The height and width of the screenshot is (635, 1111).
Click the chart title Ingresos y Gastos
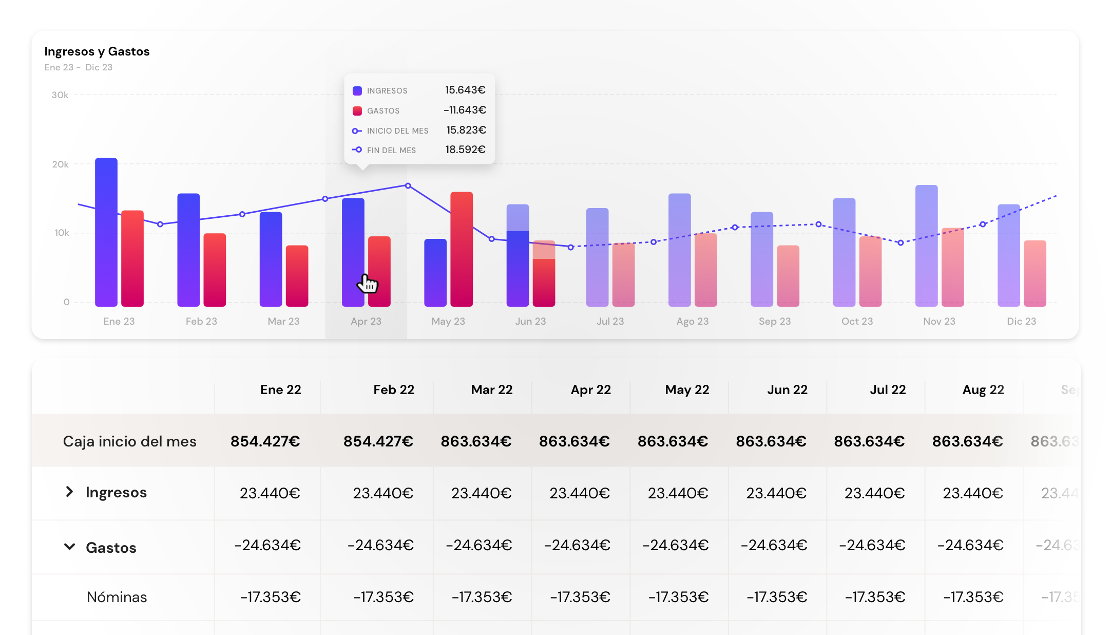click(97, 51)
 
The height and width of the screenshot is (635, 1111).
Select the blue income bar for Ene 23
click(106, 231)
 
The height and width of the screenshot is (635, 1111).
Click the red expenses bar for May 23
click(462, 249)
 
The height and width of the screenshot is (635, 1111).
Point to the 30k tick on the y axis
click(60, 95)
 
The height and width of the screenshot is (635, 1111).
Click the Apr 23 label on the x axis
click(366, 321)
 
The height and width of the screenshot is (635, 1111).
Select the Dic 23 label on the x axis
click(1021, 321)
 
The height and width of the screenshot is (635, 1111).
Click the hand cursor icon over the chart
click(368, 283)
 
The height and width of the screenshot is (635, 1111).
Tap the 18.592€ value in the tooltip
click(465, 150)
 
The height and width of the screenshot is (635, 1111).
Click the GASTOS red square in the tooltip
click(357, 111)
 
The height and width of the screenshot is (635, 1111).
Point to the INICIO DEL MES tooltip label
click(397, 131)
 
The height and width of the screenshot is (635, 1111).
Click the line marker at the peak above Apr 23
click(408, 185)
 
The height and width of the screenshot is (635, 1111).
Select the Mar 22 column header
click(491, 390)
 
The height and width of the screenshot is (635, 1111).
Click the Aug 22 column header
click(983, 390)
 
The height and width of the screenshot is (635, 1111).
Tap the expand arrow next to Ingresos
click(69, 492)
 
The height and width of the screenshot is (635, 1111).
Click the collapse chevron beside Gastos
click(69, 547)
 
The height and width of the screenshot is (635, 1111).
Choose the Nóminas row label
click(117, 597)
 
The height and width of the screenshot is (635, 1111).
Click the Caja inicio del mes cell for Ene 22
click(265, 441)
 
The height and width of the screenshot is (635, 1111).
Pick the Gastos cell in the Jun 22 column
click(774, 545)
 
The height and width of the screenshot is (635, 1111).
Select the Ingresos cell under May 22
click(678, 493)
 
